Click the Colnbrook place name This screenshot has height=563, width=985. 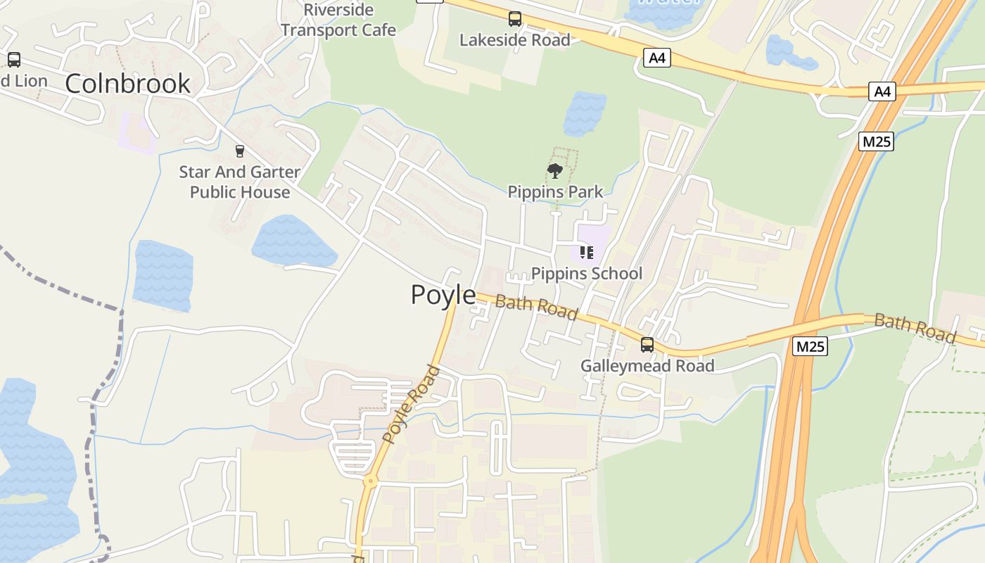coord(127,83)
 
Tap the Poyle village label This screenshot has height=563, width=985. coord(443,294)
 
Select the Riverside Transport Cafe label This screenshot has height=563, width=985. coord(338,20)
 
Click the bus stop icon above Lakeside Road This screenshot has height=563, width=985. coord(515,19)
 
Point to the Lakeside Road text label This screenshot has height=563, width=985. coord(514,40)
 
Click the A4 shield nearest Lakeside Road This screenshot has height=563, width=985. coord(656,58)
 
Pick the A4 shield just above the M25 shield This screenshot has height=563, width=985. coord(882,91)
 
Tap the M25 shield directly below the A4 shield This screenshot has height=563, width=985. coord(877,141)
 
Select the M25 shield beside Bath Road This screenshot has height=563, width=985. coord(809,346)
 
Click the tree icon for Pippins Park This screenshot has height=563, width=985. coord(555,170)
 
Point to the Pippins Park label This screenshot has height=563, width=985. coord(555,191)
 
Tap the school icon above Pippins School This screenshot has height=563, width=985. coord(587,252)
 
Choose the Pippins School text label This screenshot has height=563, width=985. coord(587,273)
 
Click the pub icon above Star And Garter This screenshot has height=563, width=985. coord(240,151)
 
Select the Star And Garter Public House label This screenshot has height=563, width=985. coord(239,182)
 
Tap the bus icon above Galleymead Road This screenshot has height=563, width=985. coord(647,345)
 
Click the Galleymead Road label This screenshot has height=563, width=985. coord(647,365)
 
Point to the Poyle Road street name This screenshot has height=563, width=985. coord(411,404)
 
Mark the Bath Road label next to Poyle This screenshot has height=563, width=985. coord(536,307)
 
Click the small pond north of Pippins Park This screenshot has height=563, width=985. coord(584,113)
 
